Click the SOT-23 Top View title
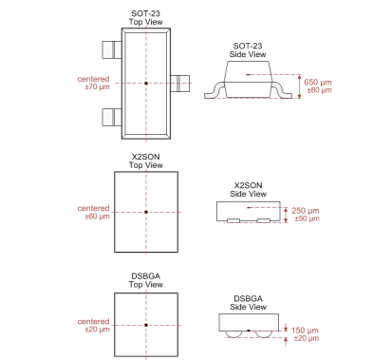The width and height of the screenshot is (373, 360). coord(145,18)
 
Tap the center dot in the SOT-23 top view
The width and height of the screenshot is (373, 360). coord(146,84)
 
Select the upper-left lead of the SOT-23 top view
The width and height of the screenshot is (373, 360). coord(112,49)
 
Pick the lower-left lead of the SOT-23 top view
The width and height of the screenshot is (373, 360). coord(112,117)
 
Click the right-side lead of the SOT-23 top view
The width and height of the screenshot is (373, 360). coord(180,84)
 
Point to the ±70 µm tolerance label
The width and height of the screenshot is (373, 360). coord(97,86)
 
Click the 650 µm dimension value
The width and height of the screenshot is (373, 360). coord(318,83)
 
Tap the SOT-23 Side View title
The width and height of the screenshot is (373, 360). coord(248,50)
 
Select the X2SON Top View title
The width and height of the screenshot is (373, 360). coord(145,161)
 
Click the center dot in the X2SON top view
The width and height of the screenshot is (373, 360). coord(146,212)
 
